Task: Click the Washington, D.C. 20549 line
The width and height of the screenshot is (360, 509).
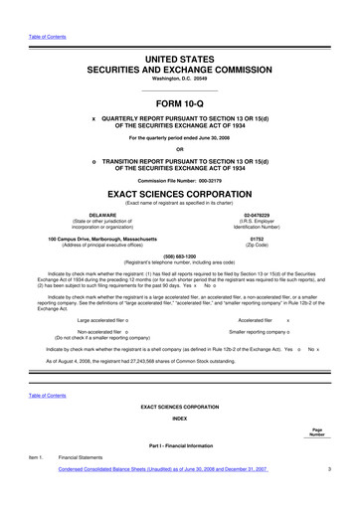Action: click(179, 82)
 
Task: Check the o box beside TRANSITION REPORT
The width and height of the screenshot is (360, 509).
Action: click(92, 162)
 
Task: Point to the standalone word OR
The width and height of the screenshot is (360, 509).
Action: click(179, 150)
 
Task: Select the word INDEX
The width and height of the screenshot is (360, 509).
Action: click(179, 419)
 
